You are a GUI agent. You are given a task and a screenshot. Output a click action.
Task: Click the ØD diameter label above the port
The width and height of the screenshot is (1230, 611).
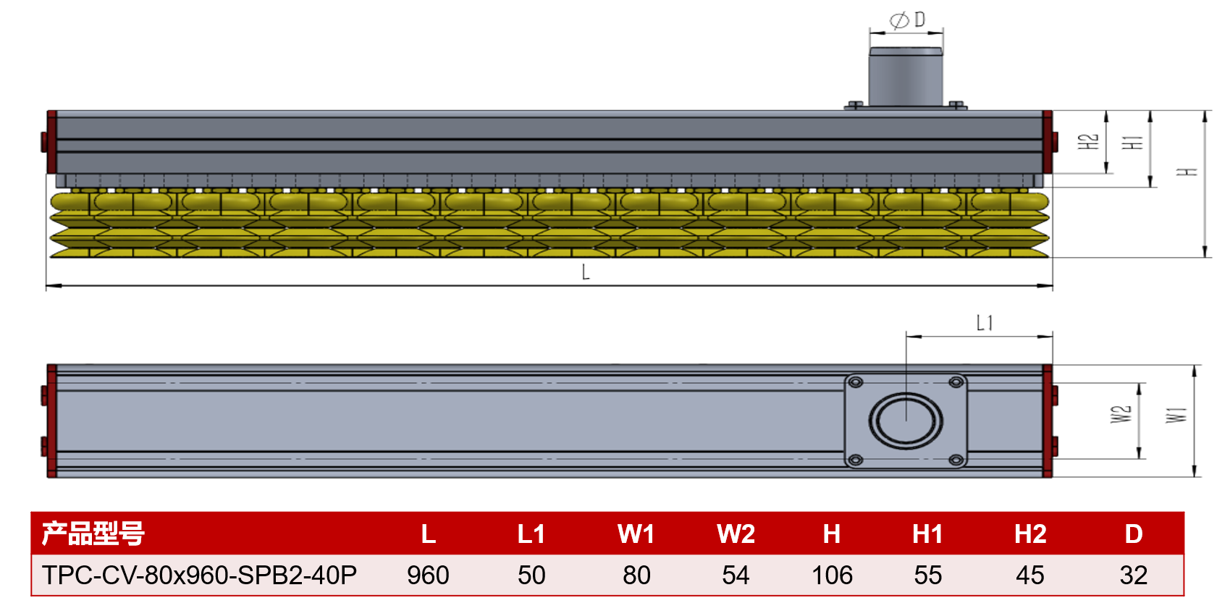909,20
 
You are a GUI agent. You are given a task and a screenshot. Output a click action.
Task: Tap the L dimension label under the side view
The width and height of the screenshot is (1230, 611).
586,272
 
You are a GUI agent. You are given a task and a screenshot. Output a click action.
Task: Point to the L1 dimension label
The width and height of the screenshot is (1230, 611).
985,323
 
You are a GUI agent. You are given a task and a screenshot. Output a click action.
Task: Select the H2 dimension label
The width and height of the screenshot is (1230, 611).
1088,141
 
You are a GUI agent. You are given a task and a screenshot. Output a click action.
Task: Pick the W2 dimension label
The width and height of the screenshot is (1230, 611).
1121,414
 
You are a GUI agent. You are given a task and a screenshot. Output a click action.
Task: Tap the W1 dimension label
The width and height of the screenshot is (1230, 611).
1176,415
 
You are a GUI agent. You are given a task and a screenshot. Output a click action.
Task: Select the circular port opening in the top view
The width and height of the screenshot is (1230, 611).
906,421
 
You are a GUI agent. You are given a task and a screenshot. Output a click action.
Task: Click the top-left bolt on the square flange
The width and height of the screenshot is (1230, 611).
855,382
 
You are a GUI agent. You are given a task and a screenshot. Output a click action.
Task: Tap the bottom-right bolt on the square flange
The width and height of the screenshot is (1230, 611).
956,460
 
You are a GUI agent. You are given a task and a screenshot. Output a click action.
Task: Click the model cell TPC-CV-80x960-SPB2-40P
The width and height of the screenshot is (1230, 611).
199,576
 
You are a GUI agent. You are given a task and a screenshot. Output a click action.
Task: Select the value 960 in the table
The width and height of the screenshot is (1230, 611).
428,576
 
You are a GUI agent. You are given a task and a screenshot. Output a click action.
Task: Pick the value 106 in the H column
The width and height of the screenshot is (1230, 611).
832,576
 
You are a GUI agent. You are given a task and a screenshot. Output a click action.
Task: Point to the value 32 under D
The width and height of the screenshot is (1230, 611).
1133,576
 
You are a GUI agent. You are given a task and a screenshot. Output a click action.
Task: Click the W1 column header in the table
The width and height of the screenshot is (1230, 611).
636,534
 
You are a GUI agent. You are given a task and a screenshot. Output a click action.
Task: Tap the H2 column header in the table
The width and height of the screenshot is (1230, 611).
1029,534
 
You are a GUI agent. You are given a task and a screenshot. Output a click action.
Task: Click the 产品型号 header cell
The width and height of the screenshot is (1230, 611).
93,534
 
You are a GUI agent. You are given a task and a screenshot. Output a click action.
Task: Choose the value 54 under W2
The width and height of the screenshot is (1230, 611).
736,576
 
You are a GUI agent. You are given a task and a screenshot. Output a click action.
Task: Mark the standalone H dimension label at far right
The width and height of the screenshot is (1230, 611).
1187,172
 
